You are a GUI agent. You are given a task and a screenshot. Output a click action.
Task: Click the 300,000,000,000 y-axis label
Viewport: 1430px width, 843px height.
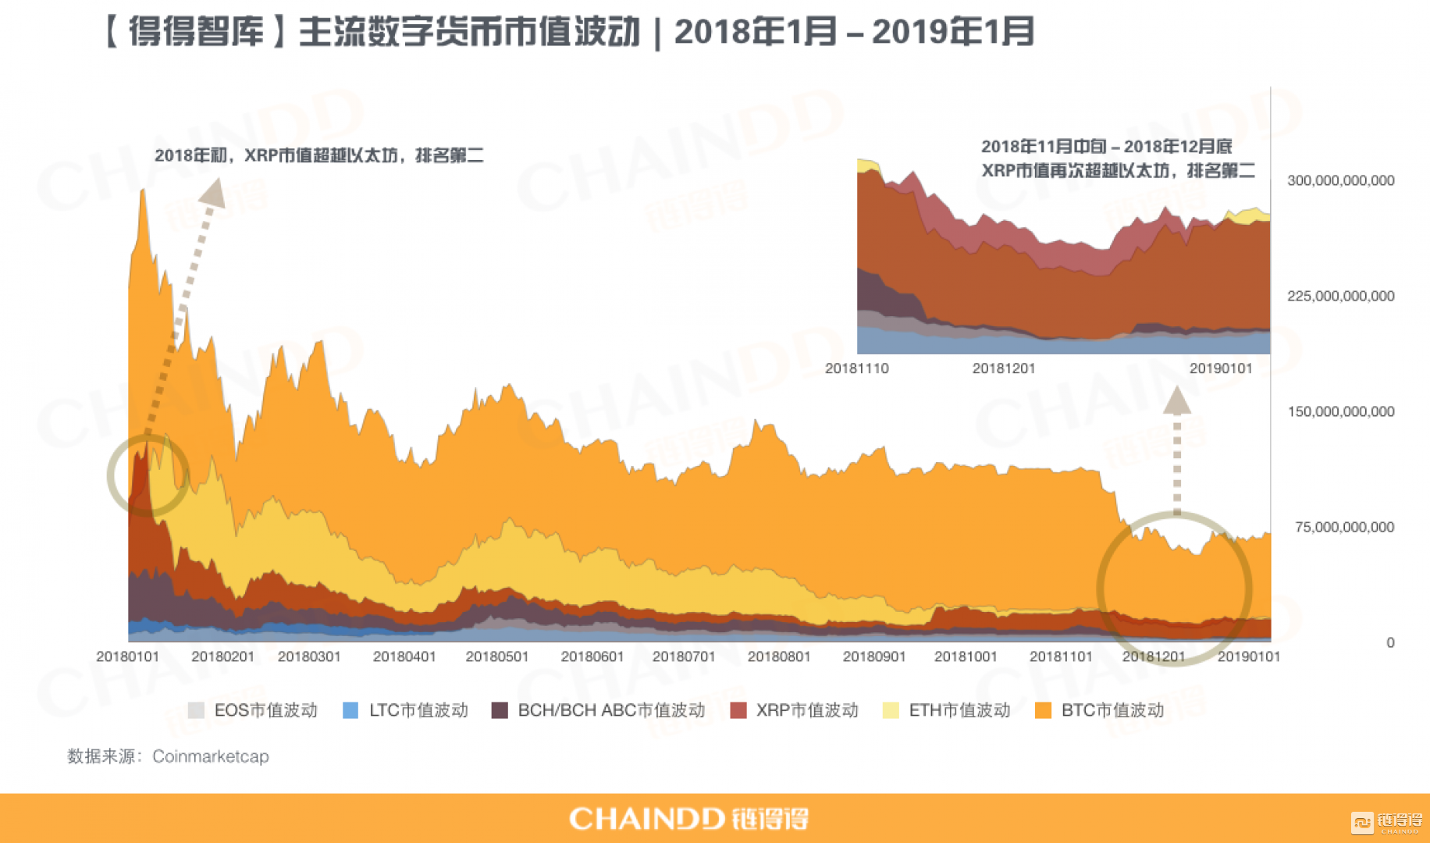1340,180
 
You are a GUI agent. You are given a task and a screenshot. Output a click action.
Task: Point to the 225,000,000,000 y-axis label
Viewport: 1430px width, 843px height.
1340,296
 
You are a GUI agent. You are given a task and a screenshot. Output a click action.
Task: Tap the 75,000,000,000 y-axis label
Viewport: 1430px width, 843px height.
1344,527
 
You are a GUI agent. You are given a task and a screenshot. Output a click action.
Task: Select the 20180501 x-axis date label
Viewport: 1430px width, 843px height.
497,656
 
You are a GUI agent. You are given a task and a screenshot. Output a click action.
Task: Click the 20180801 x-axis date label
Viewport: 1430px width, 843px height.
779,656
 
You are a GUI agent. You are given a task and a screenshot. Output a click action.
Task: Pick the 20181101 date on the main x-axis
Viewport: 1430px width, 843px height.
1061,656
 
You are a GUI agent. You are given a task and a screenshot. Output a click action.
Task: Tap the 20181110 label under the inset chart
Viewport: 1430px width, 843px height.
857,368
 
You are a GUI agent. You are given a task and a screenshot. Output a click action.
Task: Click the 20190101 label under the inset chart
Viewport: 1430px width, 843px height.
1221,368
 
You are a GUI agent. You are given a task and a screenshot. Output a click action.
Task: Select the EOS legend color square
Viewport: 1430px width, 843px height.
196,710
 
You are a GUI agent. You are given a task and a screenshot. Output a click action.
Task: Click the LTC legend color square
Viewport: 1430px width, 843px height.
350,710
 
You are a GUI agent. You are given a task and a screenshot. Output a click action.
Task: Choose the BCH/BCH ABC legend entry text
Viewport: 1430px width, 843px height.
611,710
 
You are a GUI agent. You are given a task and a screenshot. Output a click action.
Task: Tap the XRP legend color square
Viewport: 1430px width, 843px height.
738,710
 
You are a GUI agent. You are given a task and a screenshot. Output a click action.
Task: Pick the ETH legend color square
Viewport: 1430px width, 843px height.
891,710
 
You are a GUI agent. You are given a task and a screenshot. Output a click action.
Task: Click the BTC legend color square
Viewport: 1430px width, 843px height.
1043,710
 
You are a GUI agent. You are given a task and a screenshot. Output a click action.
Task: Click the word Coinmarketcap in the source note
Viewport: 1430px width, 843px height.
211,756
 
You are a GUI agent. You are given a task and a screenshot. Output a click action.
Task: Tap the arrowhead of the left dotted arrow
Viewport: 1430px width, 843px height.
213,192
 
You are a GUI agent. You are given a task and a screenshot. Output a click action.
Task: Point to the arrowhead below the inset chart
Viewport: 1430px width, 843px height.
1177,400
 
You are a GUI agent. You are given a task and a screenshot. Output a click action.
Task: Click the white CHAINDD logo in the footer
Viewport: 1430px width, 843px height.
688,818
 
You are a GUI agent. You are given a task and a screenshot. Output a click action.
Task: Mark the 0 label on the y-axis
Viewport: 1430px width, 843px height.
1390,642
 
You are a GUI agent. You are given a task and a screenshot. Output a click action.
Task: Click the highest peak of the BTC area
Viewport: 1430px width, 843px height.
142,190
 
